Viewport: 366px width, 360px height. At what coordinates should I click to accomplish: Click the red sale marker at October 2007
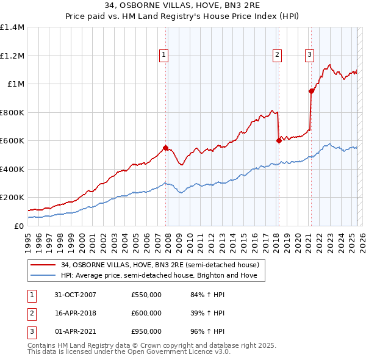coord(165,148)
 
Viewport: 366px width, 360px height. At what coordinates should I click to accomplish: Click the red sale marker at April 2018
coord(279,140)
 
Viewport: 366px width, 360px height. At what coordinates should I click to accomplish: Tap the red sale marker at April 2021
coord(311,91)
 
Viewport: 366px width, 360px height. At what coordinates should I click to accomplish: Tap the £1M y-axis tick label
coord(16,84)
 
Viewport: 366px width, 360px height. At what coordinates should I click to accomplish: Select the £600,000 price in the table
coord(146,313)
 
